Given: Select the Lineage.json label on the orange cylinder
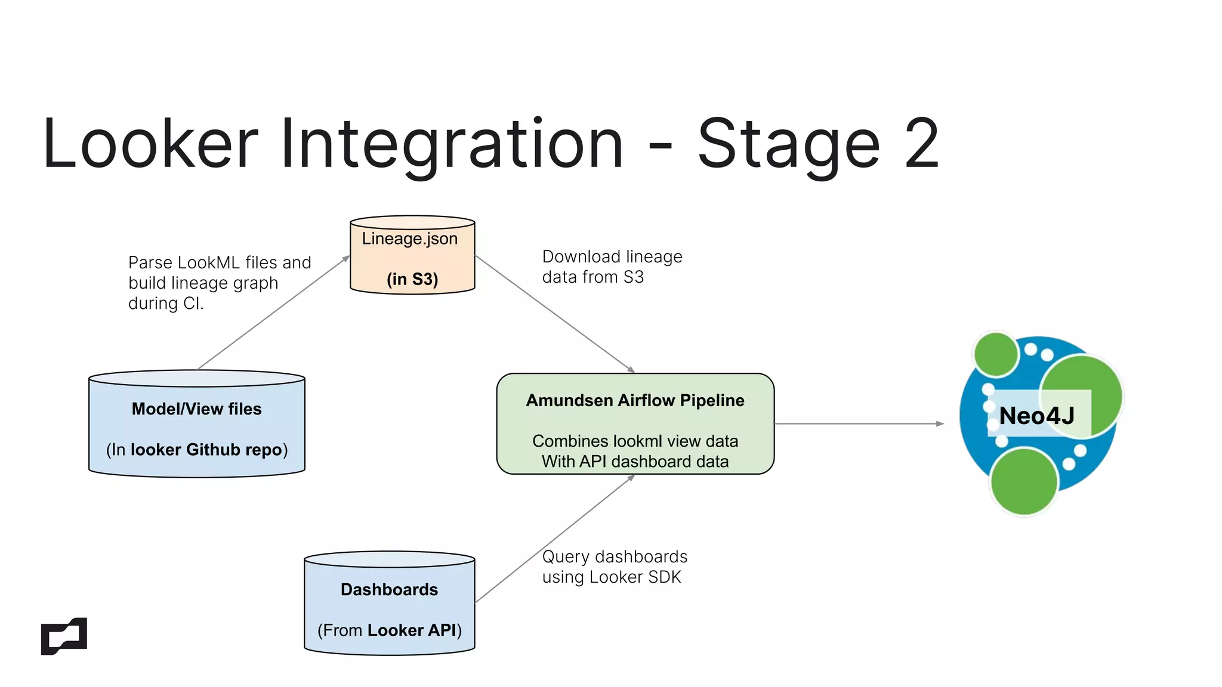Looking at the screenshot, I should pyautogui.click(x=409, y=239).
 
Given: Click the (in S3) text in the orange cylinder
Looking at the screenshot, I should pyautogui.click(x=412, y=279).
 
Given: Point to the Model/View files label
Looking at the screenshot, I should pyautogui.click(x=196, y=409).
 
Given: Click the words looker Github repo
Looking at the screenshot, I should pyautogui.click(x=206, y=450).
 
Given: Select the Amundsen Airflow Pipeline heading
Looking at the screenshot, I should pyautogui.click(x=635, y=400).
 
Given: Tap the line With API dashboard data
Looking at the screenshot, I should pyautogui.click(x=635, y=462).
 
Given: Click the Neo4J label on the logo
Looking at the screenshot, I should pyautogui.click(x=1036, y=416).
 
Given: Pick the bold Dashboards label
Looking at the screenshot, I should pyautogui.click(x=389, y=590).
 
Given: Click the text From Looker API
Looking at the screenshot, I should pyautogui.click(x=389, y=630).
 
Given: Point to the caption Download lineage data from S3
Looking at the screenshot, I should pyautogui.click(x=612, y=267).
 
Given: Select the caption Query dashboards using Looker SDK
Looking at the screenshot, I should pyautogui.click(x=614, y=567).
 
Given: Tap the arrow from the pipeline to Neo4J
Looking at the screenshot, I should pyautogui.click(x=859, y=424).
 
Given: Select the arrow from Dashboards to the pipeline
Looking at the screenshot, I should pyautogui.click(x=555, y=539).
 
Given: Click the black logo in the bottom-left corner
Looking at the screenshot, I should pyautogui.click(x=64, y=636).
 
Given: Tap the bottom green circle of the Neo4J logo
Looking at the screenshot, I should pyautogui.click(x=1024, y=482).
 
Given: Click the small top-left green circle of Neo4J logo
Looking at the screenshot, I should pyautogui.click(x=995, y=354).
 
